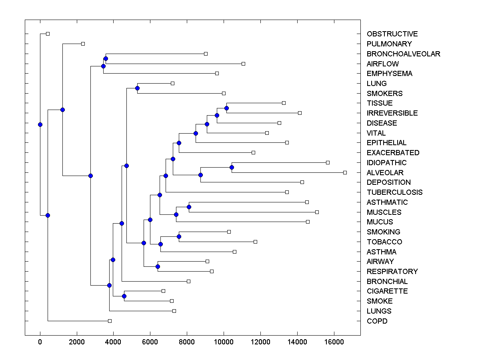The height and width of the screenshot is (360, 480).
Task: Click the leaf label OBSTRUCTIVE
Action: pyautogui.click(x=392, y=34)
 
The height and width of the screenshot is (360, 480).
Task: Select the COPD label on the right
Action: pyautogui.click(x=377, y=321)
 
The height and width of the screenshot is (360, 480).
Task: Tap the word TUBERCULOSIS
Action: pyautogui.click(x=394, y=192)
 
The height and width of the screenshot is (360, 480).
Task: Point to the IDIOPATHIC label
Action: pyautogui.click(x=386, y=163)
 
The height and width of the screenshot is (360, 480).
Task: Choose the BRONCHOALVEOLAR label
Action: pyautogui.click(x=403, y=54)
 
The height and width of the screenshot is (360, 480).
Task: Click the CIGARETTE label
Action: pyautogui.click(x=387, y=291)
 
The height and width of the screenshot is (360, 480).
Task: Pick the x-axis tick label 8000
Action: pyautogui.click(x=187, y=342)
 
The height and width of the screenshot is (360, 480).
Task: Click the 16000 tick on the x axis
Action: pyautogui.click(x=334, y=342)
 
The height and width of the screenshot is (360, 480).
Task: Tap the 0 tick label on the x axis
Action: pyautogui.click(x=40, y=342)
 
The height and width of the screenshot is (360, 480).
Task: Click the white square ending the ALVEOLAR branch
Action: pyautogui.click(x=345, y=172)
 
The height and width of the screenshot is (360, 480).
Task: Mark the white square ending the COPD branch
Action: pyautogui.click(x=110, y=321)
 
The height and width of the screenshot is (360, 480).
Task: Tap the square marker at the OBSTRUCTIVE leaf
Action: pyautogui.click(x=48, y=34)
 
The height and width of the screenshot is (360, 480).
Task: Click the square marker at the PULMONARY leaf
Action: pyautogui.click(x=83, y=44)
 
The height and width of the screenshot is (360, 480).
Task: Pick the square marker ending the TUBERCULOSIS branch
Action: pyautogui.click(x=287, y=192)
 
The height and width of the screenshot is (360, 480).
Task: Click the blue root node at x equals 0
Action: pyautogui.click(x=40, y=124)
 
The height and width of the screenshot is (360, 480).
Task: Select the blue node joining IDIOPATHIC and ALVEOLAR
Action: pyautogui.click(x=232, y=167)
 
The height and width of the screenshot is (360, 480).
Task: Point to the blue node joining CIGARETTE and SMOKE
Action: pyautogui.click(x=124, y=296)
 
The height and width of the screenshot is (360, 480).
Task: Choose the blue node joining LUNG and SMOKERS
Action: pyautogui.click(x=137, y=88)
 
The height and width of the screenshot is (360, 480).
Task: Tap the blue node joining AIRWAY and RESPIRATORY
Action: pyautogui.click(x=158, y=266)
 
